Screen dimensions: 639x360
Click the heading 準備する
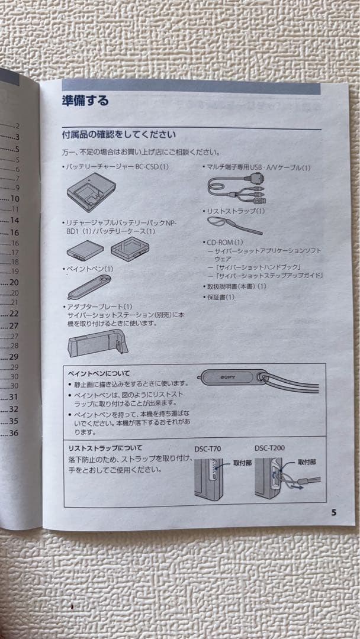(x=85, y=101)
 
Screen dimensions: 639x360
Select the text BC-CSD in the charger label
(x=146, y=167)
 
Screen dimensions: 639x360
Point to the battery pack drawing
(x=85, y=250)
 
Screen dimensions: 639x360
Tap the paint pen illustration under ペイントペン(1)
(x=89, y=287)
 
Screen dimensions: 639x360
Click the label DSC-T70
(x=207, y=448)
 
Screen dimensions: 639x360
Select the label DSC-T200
(x=269, y=448)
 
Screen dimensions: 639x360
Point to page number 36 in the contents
(x=14, y=433)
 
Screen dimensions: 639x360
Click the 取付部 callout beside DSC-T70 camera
(x=242, y=463)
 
